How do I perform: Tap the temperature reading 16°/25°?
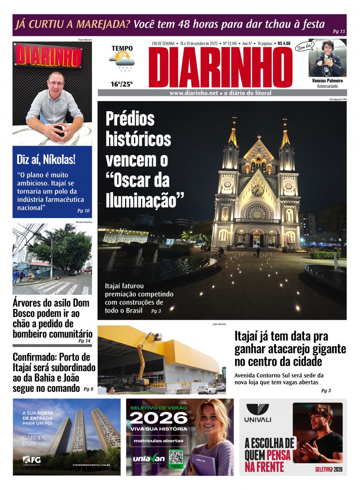pos(121,85)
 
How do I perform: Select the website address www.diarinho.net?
pos(194,93)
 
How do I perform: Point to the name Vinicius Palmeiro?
pos(327,81)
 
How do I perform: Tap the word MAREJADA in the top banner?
pos(102,24)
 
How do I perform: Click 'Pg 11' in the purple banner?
pos(339,31)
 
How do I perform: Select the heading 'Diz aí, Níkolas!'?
pos(46,159)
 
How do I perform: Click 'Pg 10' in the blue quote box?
pos(83,211)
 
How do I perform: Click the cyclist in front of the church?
pos(221,254)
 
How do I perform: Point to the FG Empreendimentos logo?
pos(32,461)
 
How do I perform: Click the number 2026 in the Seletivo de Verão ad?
pos(159,418)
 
